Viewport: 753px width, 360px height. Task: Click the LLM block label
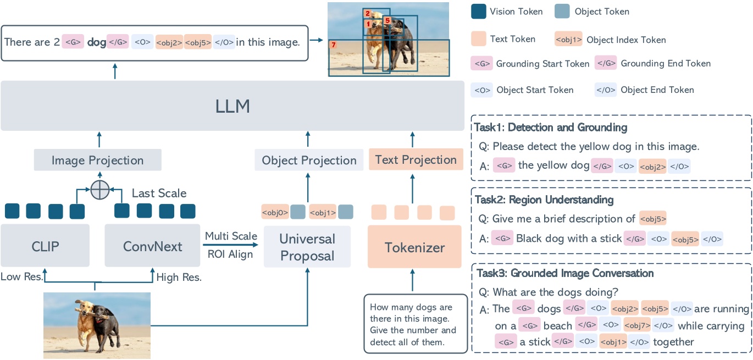(232, 106)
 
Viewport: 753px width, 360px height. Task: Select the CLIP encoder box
(45, 246)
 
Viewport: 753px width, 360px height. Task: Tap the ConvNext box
(152, 246)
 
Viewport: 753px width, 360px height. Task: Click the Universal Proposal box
(307, 247)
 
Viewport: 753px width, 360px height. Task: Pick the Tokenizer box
(414, 247)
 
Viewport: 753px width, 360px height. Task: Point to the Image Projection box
(97, 160)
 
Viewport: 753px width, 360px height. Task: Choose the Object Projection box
(309, 160)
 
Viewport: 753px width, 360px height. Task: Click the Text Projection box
(416, 160)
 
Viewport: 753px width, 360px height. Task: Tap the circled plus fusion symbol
(99, 190)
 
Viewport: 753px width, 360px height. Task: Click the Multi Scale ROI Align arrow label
(231, 245)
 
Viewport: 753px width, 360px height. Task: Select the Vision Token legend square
(479, 11)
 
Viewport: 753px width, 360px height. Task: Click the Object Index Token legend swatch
(568, 40)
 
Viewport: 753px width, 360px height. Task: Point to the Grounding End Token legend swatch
(606, 63)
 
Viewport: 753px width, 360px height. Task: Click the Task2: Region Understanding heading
(544, 200)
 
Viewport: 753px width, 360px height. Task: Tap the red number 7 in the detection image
(333, 44)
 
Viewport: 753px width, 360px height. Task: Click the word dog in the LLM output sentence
(96, 42)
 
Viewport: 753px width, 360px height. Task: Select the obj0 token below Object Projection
(275, 212)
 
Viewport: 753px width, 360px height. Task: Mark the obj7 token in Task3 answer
(636, 325)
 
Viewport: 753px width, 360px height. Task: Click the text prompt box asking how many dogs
(411, 324)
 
